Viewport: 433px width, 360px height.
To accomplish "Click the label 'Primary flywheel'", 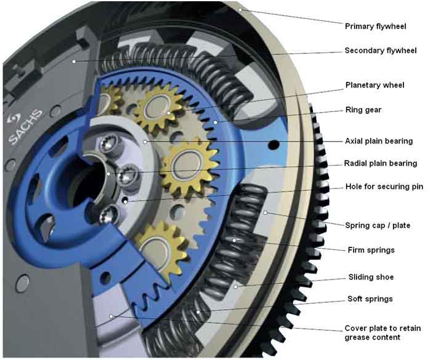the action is coord(375,26).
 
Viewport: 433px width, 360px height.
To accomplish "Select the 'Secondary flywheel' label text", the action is coord(381,50).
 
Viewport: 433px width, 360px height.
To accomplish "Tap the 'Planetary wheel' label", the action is coord(374,85).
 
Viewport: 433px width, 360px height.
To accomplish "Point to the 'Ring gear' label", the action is coord(363,111).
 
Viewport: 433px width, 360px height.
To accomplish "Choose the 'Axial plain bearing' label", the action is coord(379,141).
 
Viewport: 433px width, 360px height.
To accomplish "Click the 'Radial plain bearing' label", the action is coord(380,164).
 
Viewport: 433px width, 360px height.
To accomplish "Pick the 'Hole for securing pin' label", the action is coord(384,186).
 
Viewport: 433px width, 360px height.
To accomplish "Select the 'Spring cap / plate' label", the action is coord(377,225).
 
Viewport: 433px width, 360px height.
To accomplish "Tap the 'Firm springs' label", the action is coord(369,250).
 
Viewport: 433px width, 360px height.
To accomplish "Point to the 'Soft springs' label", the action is coord(368,299).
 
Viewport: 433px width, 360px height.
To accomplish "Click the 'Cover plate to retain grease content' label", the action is coord(382,332).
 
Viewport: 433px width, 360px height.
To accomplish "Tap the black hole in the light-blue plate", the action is coord(271,145).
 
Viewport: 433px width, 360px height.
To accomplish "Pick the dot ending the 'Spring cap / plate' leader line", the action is coord(265,213).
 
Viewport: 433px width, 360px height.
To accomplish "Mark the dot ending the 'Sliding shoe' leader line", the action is coord(236,286).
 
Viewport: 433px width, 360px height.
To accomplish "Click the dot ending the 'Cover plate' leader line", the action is coord(111,316).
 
